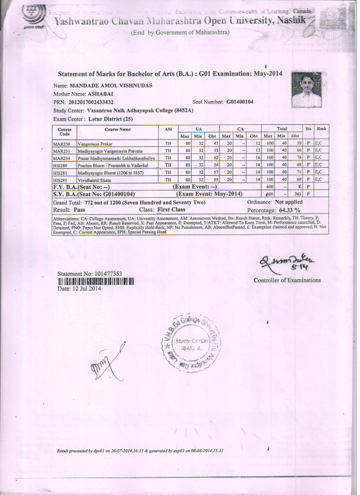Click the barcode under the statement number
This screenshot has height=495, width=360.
click(96, 281)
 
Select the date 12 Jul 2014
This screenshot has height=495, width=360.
click(79, 289)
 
